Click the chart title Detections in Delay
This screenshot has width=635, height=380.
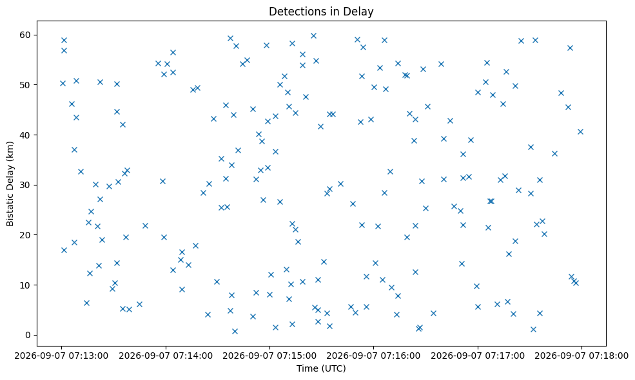coord(321,12)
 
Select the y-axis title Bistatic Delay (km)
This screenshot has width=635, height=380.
coord(10,184)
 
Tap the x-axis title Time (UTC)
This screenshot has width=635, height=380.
coord(321,368)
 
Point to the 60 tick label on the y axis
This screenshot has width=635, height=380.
coord(25,35)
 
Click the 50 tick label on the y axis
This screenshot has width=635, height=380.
coord(25,85)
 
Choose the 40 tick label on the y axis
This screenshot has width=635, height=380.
coord(25,135)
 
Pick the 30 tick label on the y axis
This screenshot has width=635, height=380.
coord(25,185)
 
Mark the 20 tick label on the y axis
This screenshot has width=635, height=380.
coord(25,235)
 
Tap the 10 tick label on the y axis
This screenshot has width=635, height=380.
coord(25,285)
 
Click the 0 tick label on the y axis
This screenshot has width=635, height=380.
coord(28,335)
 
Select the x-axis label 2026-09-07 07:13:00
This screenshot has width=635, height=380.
coord(61,356)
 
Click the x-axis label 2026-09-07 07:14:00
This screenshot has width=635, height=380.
coord(166,356)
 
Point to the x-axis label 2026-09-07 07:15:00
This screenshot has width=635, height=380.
coord(269,356)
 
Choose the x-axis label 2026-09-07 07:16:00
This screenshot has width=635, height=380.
coord(373,356)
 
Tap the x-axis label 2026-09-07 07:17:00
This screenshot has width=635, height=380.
coord(478,356)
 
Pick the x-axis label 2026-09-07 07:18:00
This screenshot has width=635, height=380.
coord(581,356)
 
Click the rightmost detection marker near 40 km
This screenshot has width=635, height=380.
coord(580,131)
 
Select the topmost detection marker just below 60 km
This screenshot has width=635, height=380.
coord(313,35)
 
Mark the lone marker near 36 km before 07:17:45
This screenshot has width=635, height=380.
coord(554,153)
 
